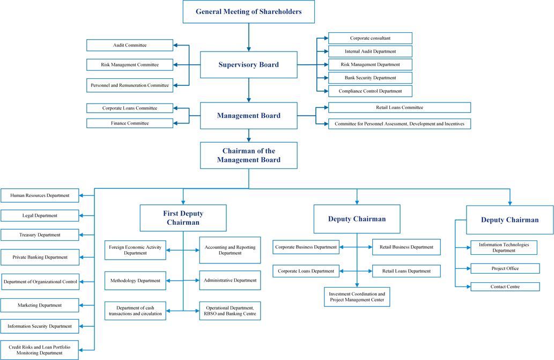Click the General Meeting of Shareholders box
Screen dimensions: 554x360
coord(249,12)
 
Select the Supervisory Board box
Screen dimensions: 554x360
coord(249,65)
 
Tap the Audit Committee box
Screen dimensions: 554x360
coord(130,45)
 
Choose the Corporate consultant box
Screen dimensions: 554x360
coord(370,38)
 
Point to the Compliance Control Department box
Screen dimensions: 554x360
coord(370,91)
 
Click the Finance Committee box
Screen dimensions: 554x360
coord(130,123)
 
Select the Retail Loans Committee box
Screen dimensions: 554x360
coord(400,107)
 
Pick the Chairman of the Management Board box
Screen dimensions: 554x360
coord(249,156)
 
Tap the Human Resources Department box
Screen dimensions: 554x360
coord(40,195)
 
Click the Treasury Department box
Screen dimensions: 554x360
coord(40,235)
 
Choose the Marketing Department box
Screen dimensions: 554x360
coord(40,305)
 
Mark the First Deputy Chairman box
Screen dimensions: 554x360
coord(183,218)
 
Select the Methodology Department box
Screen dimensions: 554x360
coord(135,281)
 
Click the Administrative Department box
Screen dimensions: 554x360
coord(230,280)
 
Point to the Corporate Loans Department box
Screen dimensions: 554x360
coord(306,271)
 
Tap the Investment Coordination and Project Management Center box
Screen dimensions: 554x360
coord(357,297)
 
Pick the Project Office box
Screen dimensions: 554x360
coord(505,268)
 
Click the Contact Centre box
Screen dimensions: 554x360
coord(505,286)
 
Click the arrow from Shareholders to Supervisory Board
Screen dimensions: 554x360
coord(249,38)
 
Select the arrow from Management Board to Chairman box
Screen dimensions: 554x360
coord(249,136)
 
